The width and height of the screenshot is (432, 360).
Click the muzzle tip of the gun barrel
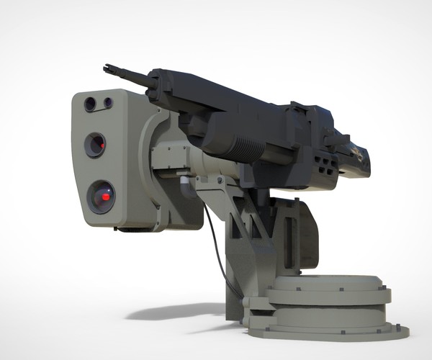point(108,67)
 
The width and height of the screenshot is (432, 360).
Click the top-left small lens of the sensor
point(90,104)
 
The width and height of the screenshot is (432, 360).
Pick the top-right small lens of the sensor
point(107,102)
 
